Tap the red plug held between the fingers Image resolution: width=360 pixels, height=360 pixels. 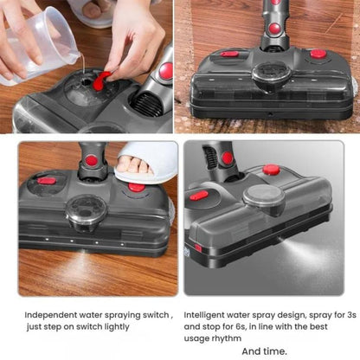pos(102,79)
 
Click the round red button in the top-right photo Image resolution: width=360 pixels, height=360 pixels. pos(318,54)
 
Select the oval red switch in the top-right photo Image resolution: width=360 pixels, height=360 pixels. pos(229,54)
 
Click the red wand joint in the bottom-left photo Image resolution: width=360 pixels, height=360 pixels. pos(90,160)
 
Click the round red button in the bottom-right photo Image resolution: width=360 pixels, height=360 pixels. pos(271,170)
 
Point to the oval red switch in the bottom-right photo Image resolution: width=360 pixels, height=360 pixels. pos(199,196)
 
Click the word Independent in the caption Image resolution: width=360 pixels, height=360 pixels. pos(53,315)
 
